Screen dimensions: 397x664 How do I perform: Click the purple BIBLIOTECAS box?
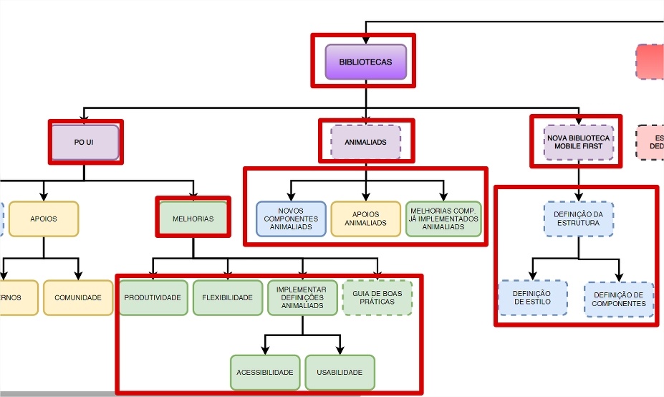pos(366,62)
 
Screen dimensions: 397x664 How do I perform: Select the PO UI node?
pos(85,142)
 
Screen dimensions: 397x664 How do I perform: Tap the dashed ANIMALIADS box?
pos(365,142)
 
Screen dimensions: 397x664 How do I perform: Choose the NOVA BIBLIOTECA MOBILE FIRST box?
pos(578,142)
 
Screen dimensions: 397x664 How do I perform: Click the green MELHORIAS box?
pos(193,219)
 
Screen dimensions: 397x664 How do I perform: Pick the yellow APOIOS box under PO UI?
pos(44,219)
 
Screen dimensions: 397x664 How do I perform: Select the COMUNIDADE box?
pos(78,297)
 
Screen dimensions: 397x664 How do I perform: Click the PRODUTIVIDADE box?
pos(153,297)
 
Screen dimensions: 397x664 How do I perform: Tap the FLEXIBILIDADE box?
pos(228,297)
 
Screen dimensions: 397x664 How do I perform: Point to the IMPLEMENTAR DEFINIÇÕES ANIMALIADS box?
pos(302,297)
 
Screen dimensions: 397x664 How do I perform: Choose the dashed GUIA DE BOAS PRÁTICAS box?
pos(377,297)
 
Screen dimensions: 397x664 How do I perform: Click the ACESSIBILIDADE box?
pos(265,373)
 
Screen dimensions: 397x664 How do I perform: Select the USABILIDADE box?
pos(340,373)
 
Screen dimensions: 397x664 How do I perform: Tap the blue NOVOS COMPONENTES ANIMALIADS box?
pos(291,219)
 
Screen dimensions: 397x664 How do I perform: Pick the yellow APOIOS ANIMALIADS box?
pos(365,219)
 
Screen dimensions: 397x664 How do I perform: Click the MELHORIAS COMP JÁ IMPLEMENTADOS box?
pos(443,219)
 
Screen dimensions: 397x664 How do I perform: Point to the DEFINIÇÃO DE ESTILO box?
pos(532,297)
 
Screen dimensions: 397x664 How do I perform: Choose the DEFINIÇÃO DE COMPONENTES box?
pos(619,299)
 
